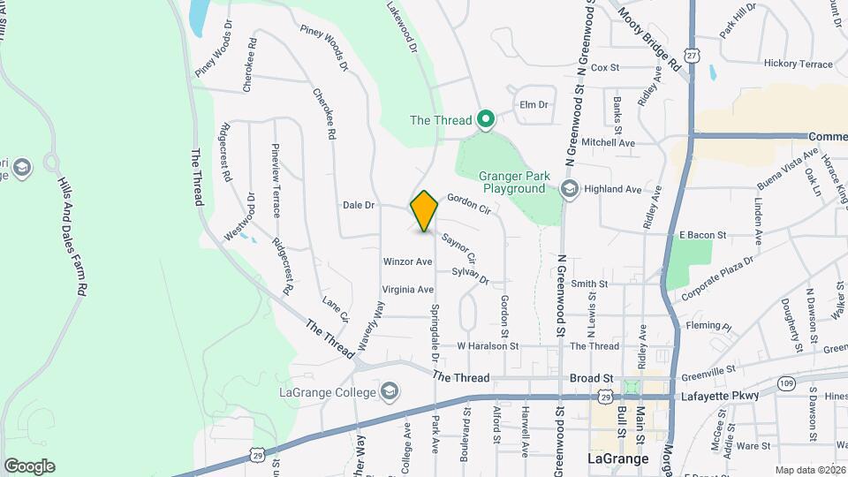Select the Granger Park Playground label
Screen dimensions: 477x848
coord(512,182)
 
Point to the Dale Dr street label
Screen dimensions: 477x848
coord(360,206)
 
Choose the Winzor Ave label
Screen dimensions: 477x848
coord(407,261)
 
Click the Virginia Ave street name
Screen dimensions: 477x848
coord(408,289)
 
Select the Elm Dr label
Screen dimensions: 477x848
coord(534,104)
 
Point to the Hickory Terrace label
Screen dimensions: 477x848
coord(799,64)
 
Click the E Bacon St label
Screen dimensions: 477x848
coord(702,236)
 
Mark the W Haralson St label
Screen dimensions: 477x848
coord(488,346)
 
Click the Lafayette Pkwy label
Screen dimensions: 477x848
coord(721,396)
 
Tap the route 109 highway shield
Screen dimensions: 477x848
coord(786,382)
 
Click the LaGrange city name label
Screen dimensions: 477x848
coord(618,459)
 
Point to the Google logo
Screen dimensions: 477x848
coord(29,466)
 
